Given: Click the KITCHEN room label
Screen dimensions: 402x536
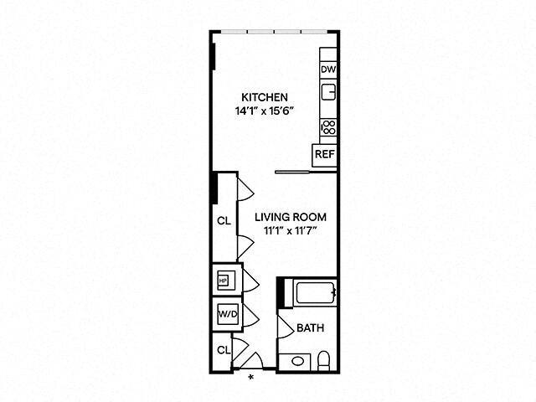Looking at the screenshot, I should click(x=265, y=96).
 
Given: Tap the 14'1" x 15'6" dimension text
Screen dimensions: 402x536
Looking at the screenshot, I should click(x=265, y=111).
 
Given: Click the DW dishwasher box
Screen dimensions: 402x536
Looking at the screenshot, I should click(x=328, y=70).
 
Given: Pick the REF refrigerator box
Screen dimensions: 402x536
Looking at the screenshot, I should click(x=323, y=155).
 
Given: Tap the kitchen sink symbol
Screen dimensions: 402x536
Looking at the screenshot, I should click(x=329, y=91).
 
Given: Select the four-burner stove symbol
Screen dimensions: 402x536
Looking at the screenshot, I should click(x=329, y=127).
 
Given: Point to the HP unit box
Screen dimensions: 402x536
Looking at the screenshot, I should click(x=224, y=281).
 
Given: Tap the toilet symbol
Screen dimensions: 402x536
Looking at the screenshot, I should click(x=324, y=361).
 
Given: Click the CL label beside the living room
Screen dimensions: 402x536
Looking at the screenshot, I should click(x=224, y=221).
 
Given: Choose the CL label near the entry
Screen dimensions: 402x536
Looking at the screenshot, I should click(x=224, y=349).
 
